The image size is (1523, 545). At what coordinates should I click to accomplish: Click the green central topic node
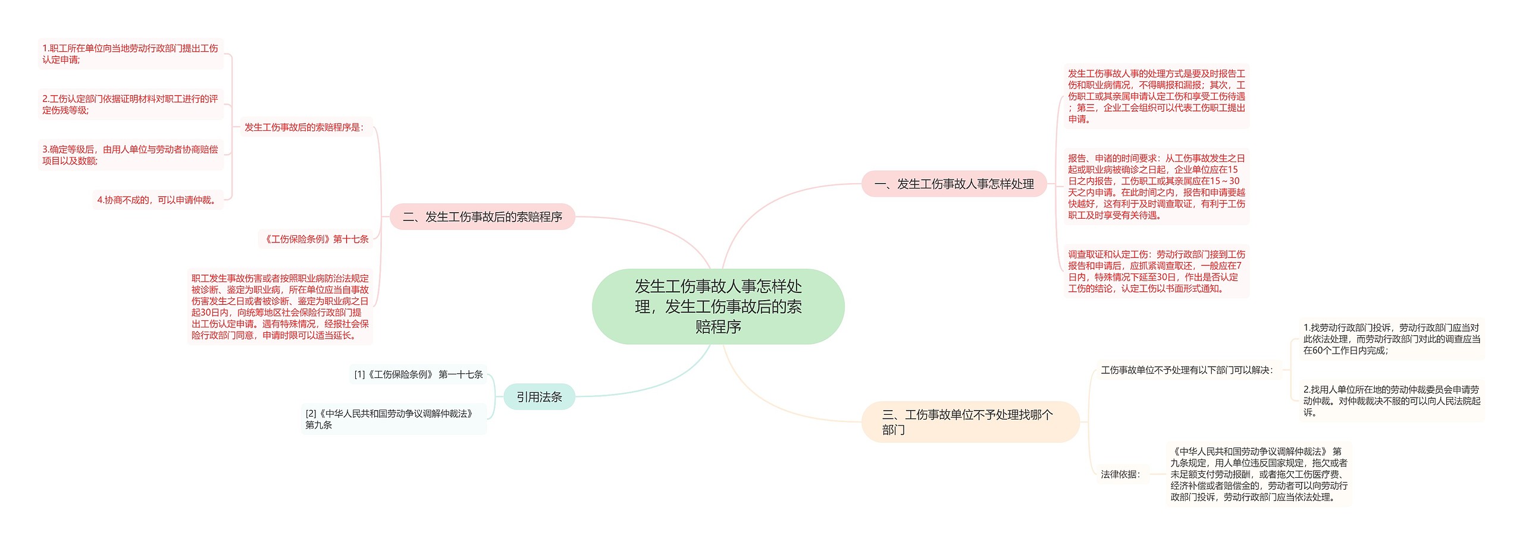pos(717,306)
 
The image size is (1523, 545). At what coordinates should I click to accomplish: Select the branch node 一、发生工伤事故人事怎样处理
pos(954,184)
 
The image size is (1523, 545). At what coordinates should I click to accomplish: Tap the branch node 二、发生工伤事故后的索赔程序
pos(482,217)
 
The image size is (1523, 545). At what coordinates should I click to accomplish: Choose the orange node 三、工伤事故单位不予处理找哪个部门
pos(970,422)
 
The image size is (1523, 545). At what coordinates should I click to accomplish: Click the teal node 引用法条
pos(539,397)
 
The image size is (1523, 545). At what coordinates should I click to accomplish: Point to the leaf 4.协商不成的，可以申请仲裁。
pos(158,200)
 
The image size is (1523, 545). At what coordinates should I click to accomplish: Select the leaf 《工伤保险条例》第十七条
pos(315,239)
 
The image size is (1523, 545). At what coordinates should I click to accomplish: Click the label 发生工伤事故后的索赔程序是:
pos(304,127)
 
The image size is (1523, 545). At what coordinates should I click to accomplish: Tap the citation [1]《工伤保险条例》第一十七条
pos(418,374)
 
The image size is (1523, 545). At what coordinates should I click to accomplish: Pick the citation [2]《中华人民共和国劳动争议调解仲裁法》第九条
pos(393,419)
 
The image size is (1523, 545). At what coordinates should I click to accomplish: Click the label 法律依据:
pos(1120,474)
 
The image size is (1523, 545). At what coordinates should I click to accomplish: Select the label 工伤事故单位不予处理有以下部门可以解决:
pos(1187,370)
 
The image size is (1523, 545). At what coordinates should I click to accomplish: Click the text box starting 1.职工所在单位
pos(130,54)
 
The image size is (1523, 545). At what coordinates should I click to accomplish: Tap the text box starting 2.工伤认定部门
pos(130,105)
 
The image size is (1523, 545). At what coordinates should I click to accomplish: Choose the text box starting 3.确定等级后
pos(130,155)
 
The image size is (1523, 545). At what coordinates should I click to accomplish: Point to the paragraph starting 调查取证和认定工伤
pos(1156,272)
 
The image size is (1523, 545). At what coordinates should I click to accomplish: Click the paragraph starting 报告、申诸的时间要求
pos(1156,187)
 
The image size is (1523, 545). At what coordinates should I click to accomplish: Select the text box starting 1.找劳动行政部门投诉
pos(1391,339)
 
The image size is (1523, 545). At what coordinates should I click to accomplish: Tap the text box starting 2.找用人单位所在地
pos(1391,401)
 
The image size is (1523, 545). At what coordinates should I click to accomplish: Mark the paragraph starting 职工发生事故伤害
pos(280,307)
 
